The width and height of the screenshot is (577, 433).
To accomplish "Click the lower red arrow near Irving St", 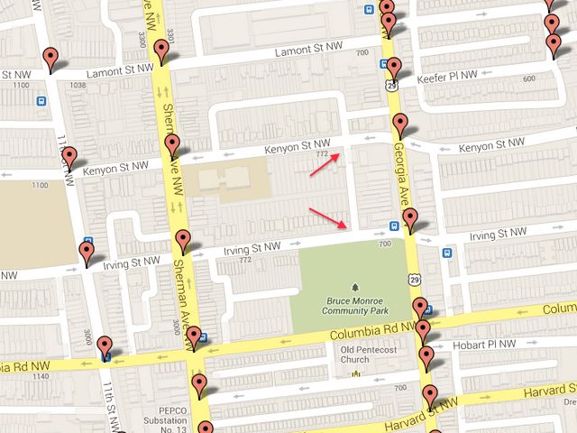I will pos(328,216).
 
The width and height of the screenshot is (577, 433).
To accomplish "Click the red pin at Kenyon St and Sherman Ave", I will pos(172,145).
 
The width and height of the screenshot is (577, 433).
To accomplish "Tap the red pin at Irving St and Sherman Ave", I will pos(183,239).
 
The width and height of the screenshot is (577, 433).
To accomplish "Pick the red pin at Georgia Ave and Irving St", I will pos(411,217).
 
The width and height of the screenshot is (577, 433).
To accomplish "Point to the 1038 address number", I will pos(78,86).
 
